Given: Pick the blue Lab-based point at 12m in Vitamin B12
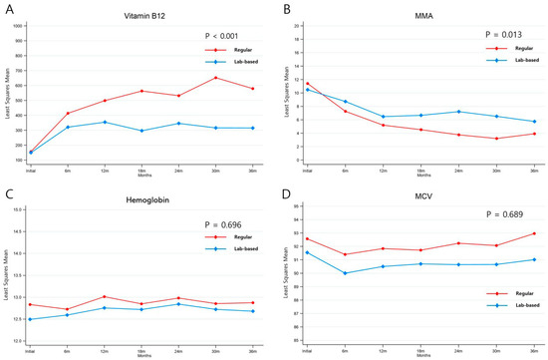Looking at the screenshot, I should coord(105,122).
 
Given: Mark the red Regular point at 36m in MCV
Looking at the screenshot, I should coord(533,233).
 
